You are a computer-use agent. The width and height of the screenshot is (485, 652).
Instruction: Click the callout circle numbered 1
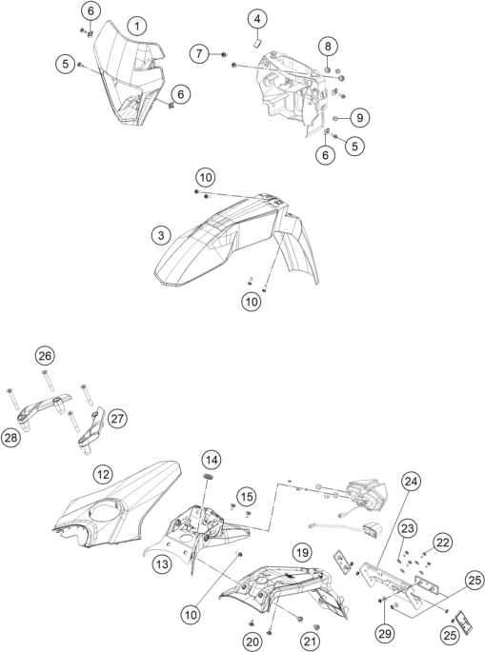(137, 27)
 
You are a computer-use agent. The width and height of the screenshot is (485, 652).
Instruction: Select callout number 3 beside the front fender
(161, 236)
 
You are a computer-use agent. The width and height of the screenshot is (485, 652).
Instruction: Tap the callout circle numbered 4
(257, 19)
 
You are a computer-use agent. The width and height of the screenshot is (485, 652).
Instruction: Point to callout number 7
(199, 53)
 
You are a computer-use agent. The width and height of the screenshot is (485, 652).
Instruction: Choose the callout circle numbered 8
(328, 46)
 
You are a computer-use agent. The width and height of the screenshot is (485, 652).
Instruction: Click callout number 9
(359, 118)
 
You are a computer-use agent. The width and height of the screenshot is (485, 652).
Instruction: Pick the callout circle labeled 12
(103, 474)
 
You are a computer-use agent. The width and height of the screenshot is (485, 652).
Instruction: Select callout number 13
(162, 564)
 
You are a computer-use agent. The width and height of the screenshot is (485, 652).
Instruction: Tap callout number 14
(212, 460)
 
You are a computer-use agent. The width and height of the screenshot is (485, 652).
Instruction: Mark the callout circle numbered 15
(247, 497)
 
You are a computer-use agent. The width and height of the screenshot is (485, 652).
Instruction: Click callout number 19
(302, 553)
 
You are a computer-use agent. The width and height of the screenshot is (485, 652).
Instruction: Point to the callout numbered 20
(253, 642)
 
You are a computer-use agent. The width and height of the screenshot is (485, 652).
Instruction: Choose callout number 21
(310, 642)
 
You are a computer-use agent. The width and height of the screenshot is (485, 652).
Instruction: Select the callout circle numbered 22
(443, 543)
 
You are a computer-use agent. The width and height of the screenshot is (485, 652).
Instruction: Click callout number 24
(412, 481)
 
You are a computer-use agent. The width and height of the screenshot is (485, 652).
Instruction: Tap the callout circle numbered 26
(45, 356)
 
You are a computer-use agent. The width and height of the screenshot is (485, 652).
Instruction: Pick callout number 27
(117, 418)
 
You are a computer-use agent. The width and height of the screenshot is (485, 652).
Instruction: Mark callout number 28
(11, 438)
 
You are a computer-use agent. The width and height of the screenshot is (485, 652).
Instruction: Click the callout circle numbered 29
(385, 633)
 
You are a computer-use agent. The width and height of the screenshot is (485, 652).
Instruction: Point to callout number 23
(408, 528)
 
